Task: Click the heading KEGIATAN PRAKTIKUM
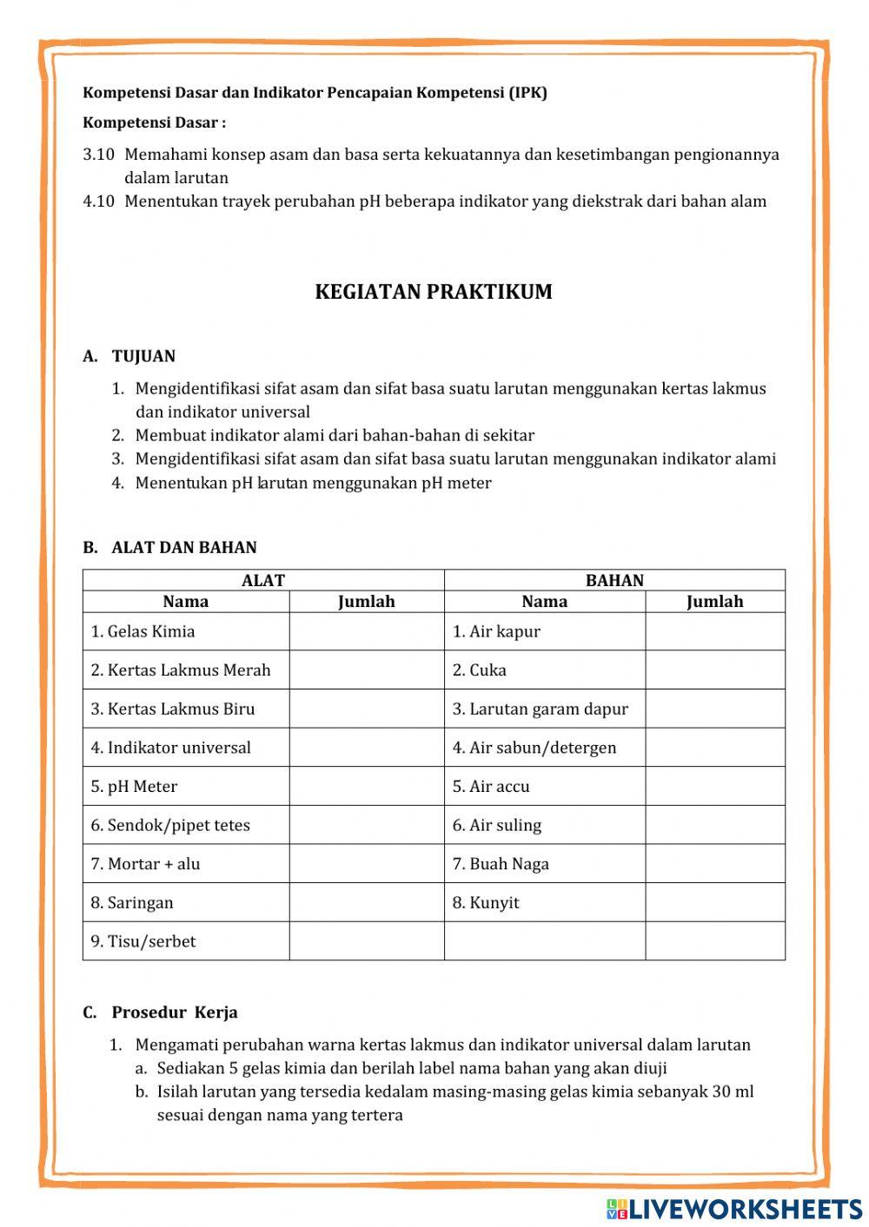[x=434, y=292]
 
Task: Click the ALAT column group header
[x=262, y=580]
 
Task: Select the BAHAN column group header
[x=614, y=580]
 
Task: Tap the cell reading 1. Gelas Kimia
[x=143, y=631]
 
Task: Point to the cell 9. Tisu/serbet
[x=143, y=941]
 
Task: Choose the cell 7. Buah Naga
[x=501, y=864]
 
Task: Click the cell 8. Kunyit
[x=485, y=902]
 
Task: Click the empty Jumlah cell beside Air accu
[x=714, y=787]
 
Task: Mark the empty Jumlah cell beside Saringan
[x=366, y=902]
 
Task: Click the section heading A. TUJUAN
[x=129, y=356]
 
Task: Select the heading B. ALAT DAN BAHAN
[x=170, y=548]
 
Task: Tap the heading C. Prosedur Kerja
[x=161, y=1013]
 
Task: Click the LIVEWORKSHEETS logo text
[x=745, y=1208]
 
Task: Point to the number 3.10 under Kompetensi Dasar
[x=98, y=155]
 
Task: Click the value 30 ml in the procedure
[x=733, y=1092]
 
